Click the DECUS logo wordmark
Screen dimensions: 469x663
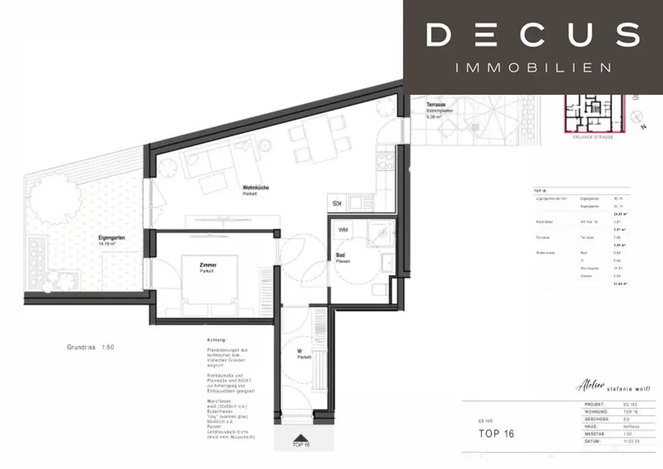point(533,34)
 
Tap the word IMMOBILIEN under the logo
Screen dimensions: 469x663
point(533,67)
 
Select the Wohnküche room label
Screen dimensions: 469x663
point(256,189)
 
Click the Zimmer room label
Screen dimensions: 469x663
point(208,266)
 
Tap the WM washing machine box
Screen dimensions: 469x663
point(343,230)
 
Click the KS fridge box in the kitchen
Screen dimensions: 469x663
point(337,203)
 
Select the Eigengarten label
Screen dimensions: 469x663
point(111,238)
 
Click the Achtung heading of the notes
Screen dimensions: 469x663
point(216,340)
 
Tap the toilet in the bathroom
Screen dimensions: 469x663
point(377,289)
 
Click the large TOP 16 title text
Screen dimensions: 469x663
point(496,433)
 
